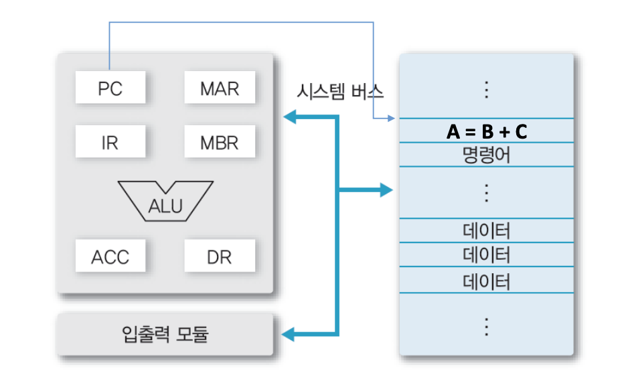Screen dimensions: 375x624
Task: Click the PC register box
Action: pyautogui.click(x=110, y=88)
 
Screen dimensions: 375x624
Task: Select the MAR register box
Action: pyautogui.click(x=219, y=88)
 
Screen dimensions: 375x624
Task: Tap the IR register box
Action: pyautogui.click(x=110, y=142)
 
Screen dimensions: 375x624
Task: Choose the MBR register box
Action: pyautogui.click(x=219, y=142)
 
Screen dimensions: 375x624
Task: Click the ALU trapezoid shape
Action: pyautogui.click(x=164, y=201)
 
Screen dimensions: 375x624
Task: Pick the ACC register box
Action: pyautogui.click(x=110, y=256)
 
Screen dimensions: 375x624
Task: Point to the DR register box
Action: pyautogui.click(x=219, y=256)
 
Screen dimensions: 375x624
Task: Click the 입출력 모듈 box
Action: pyautogui.click(x=165, y=333)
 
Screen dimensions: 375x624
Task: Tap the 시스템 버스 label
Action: pyautogui.click(x=340, y=92)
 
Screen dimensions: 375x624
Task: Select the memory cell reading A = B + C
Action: pyautogui.click(x=487, y=131)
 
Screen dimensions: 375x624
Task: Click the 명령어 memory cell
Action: pyautogui.click(x=487, y=155)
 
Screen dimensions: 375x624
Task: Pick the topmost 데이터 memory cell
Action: pyautogui.click(x=487, y=231)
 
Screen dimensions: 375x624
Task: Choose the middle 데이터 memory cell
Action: pyautogui.click(x=487, y=255)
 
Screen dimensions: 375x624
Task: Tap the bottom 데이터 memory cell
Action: pyautogui.click(x=487, y=281)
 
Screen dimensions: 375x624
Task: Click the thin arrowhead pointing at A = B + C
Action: pyautogui.click(x=393, y=119)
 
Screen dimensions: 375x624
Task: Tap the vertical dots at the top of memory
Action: pyautogui.click(x=487, y=89)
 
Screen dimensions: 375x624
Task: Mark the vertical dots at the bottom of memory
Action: pyautogui.click(x=487, y=326)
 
